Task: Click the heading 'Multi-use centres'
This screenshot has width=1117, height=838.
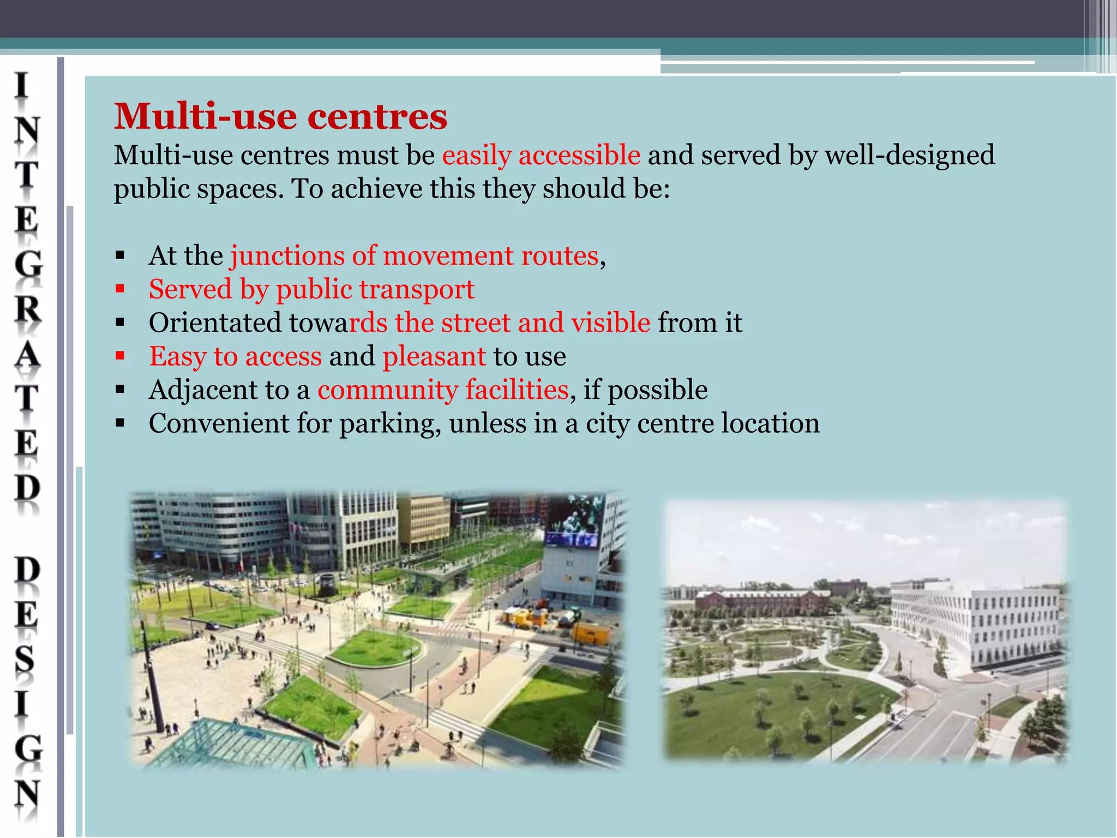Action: coord(280,116)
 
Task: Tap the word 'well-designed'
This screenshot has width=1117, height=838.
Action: coord(909,155)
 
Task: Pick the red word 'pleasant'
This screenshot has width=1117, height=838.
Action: coord(434,356)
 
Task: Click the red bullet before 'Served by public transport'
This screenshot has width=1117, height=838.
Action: coord(121,289)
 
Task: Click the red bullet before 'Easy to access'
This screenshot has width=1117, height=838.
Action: coord(121,356)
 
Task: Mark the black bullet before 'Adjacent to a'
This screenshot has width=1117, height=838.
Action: coord(121,390)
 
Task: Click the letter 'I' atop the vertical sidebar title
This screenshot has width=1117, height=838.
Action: coord(22,86)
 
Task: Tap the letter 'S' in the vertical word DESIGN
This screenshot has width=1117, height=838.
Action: coord(25,660)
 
